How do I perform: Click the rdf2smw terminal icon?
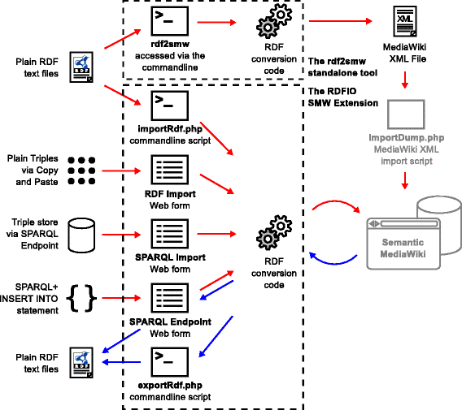170,21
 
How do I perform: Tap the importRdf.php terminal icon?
170,106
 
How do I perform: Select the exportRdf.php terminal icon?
170,362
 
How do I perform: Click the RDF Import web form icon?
170,170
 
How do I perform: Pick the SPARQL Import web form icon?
170,234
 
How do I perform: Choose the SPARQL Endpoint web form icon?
170,298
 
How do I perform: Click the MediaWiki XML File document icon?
405,21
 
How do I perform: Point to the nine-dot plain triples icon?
81,170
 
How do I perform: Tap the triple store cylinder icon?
81,235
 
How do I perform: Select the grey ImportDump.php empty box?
406,114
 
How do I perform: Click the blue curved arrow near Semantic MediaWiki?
333,263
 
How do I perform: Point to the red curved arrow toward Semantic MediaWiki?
335,201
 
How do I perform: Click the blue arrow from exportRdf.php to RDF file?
121,362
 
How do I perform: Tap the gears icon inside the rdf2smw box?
274,21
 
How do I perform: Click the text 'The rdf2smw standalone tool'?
342,67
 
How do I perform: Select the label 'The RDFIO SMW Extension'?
343,97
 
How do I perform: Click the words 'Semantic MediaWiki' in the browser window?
403,248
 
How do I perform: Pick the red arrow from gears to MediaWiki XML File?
340,21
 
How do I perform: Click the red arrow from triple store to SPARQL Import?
121,235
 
